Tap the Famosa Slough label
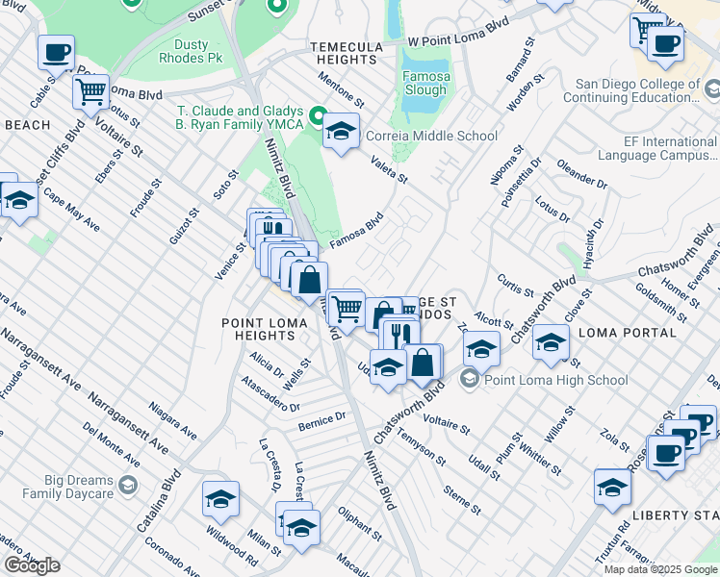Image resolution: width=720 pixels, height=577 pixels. click(424, 83)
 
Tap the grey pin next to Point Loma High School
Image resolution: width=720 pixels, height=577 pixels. click(470, 380)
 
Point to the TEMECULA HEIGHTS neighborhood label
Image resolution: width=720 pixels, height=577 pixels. click(345, 53)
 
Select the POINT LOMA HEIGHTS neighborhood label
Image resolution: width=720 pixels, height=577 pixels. click(258, 329)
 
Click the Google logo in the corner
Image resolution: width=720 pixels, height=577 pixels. click(32, 564)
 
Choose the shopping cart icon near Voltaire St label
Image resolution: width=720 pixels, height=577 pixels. click(90, 93)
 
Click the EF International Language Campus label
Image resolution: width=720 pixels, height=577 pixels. click(656, 148)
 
